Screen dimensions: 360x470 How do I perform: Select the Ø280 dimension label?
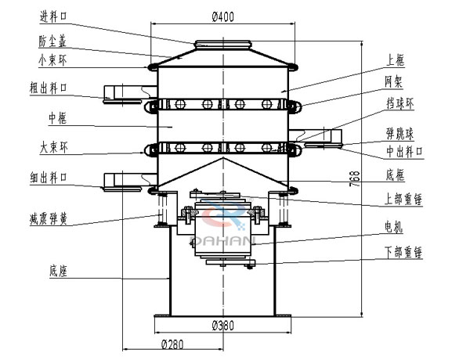[x=174, y=344]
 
